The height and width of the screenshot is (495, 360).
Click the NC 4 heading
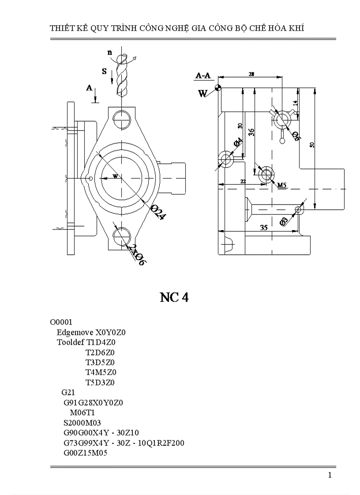pos(174,298)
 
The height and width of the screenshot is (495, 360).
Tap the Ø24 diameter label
pos(157,212)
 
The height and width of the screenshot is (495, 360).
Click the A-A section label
pos(202,76)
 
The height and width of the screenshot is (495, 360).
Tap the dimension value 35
pos(264,227)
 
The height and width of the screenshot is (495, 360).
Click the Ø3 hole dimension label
pos(284,221)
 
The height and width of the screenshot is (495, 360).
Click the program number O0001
pos(61,322)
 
